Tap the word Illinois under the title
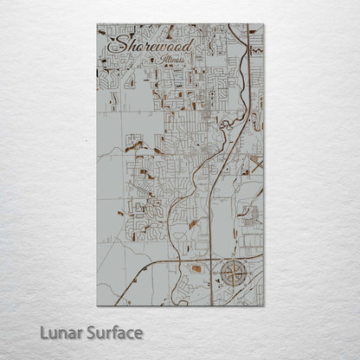[x=177, y=61]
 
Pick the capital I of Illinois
[x=163, y=61]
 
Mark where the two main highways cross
[x=210, y=258]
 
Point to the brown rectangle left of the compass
[x=196, y=270]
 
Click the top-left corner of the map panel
[x=97, y=24]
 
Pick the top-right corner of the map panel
[x=264, y=24]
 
